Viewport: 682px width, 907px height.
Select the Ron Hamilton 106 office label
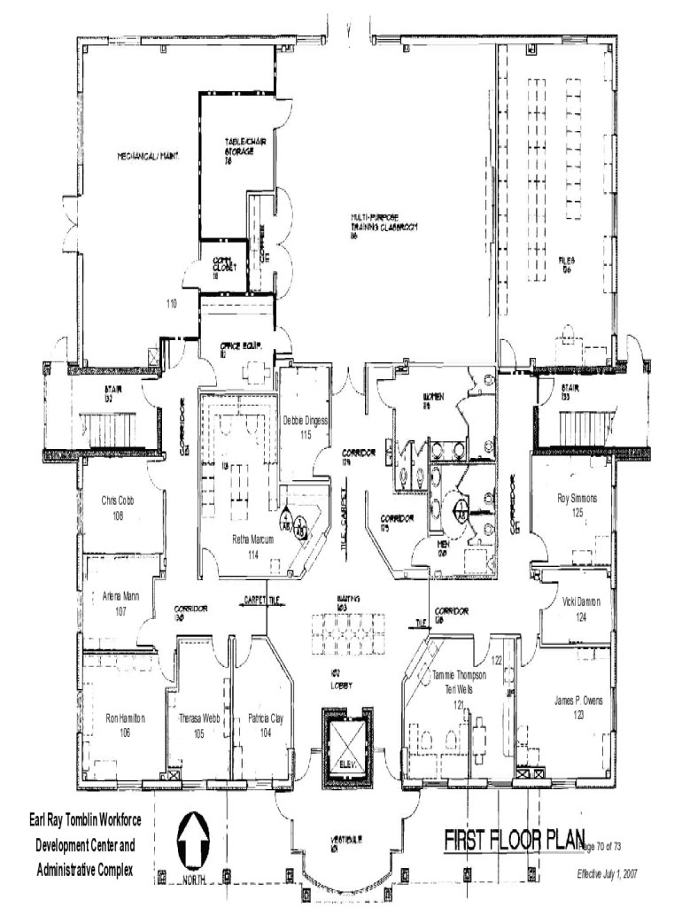[x=125, y=724]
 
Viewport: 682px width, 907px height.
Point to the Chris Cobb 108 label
[x=118, y=508]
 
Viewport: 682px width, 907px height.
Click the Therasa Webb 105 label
[x=198, y=725]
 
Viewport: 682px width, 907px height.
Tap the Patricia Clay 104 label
[x=266, y=724]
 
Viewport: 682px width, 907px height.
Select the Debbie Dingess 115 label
[x=306, y=427]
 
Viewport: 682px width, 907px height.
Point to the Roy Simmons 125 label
[x=577, y=505]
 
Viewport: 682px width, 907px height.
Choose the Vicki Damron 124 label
[x=581, y=609]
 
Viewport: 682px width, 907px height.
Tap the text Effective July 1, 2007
[x=607, y=873]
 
